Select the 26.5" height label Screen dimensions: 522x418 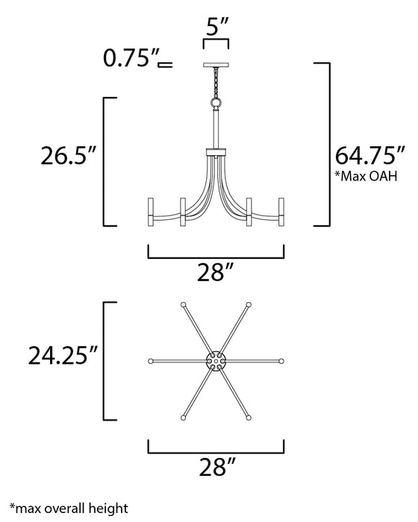[x=68, y=158]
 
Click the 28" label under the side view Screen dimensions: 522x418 [x=216, y=274]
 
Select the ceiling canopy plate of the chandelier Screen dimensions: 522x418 [x=216, y=66]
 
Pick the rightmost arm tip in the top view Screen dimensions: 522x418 [x=282, y=361]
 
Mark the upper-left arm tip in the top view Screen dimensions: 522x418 [x=183, y=304]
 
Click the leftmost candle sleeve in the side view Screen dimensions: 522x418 [x=152, y=211]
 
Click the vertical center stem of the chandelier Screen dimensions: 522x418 [x=216, y=130]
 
